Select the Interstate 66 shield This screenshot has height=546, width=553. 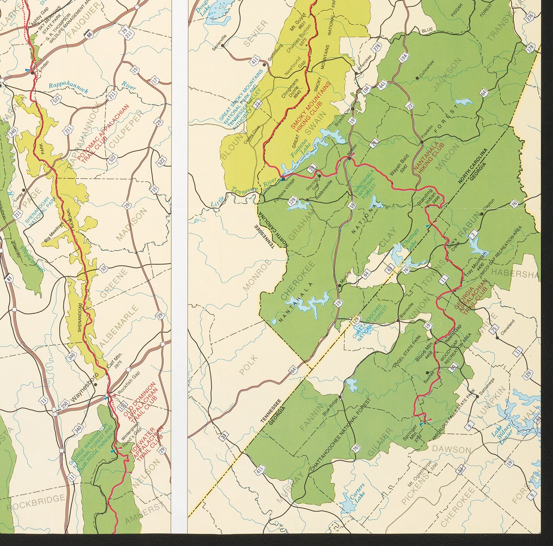tap(89, 34)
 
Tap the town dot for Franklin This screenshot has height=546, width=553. tap(422, 142)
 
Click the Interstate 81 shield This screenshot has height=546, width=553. tap(8, 276)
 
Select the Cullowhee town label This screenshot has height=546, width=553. tap(427, 69)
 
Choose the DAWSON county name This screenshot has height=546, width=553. tap(452, 449)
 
